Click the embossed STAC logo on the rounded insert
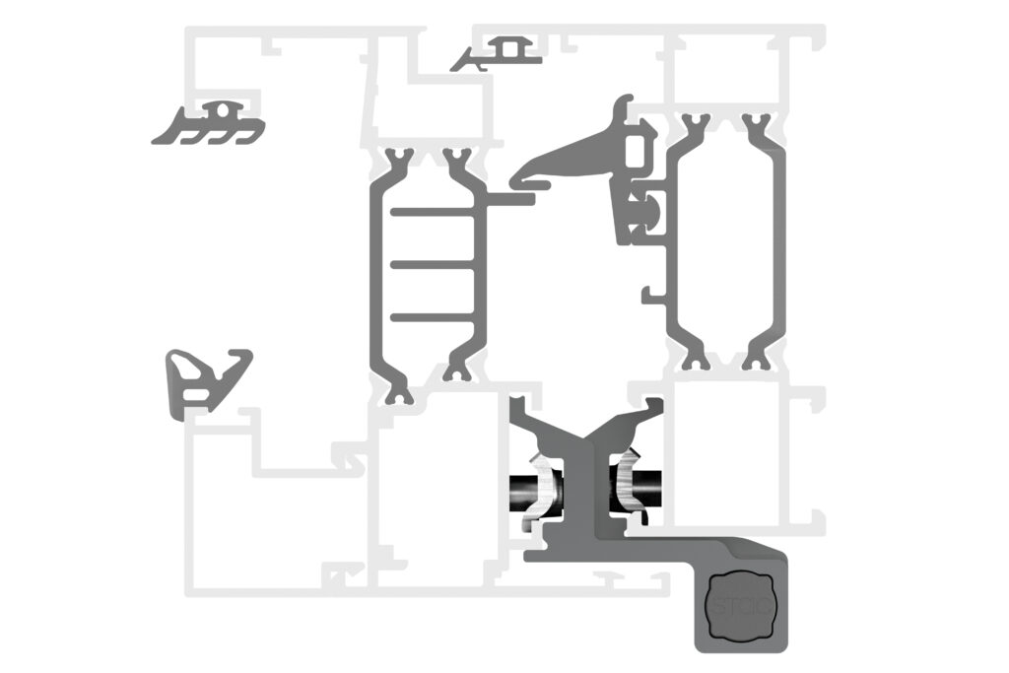(x=741, y=605)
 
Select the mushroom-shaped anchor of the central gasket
(x=652, y=209)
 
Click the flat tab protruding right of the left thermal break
(x=512, y=198)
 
